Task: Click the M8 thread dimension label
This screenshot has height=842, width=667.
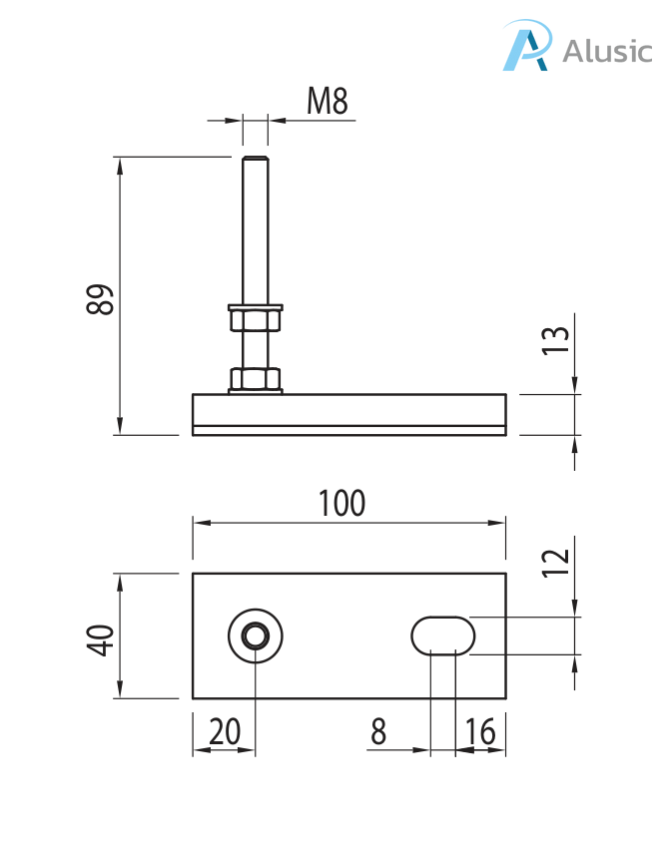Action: coord(329,101)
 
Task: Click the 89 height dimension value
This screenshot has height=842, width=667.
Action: coord(101,299)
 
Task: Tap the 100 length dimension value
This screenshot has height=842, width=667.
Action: coord(341,503)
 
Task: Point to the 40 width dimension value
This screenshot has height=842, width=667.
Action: coord(101,638)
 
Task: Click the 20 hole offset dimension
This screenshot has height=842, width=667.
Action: coord(225,732)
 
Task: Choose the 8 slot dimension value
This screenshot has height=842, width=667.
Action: coord(378,732)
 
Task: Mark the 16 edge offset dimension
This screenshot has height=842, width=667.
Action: coord(480,732)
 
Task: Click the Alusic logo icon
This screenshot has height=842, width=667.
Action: coord(526,47)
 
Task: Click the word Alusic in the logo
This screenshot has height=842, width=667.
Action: coord(606,50)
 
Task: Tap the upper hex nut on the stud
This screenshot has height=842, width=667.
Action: coord(256,319)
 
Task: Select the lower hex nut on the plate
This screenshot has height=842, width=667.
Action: coord(256,379)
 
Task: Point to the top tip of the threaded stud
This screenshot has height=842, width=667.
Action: coord(256,158)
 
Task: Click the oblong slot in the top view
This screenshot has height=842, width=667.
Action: coord(442,633)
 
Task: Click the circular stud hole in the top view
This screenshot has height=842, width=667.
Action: coord(256,635)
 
